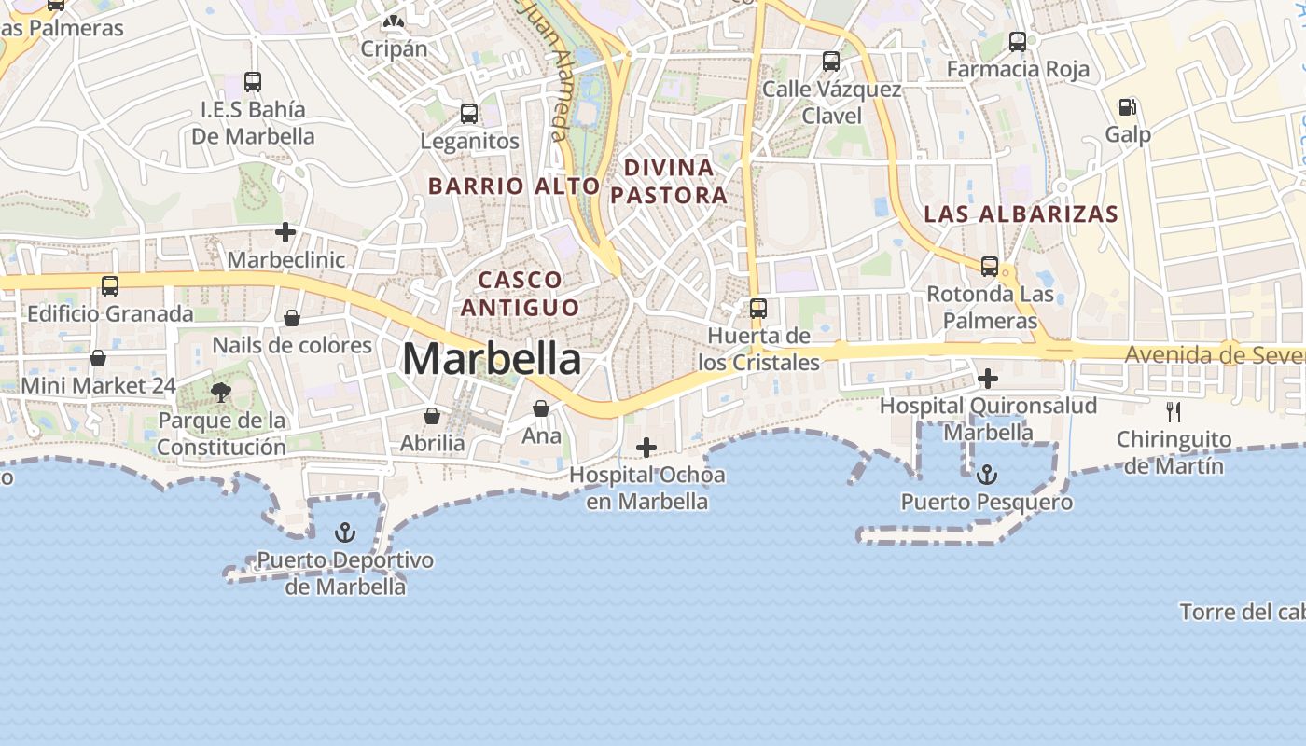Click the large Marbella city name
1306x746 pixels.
492,359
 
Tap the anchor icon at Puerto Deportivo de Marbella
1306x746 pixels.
345,532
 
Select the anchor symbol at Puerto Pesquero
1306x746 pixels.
986,475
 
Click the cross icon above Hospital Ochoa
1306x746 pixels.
646,448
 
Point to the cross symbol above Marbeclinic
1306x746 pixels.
285,232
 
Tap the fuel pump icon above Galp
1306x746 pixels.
1128,107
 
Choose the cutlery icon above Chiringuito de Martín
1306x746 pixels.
1174,411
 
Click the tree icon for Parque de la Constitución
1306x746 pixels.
221,393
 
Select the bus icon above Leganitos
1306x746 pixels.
469,114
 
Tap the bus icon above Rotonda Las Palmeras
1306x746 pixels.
990,267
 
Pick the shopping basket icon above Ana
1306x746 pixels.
541,408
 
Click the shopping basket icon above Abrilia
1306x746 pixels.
432,415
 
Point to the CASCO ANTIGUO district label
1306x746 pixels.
520,293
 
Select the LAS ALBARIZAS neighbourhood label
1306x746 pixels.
1021,214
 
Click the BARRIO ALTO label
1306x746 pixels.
513,186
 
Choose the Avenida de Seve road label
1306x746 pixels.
1213,355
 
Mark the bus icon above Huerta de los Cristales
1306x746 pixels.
758,308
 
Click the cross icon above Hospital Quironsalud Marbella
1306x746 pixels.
988,379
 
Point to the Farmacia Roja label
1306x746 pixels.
1018,69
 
